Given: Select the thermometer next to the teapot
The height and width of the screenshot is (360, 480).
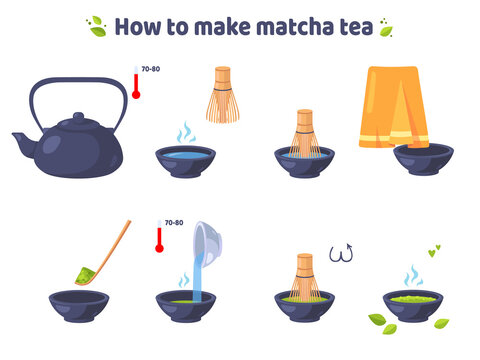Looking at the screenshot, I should coord(134,84).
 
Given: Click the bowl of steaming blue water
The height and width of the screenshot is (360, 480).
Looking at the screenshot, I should coord(186,161).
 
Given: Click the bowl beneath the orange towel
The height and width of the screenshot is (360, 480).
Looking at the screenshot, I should coord(420,160).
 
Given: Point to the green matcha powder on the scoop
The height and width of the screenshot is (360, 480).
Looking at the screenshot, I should coord(85,271).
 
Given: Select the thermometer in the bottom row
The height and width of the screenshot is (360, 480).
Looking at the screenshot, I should coord(157,237).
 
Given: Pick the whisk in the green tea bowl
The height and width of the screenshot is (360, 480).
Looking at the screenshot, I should coord(304,278).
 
